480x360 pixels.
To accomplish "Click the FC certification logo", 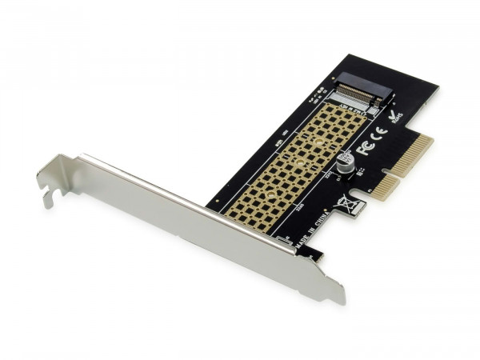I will [367, 149].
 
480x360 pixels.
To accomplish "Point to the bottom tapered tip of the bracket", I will [337, 297].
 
